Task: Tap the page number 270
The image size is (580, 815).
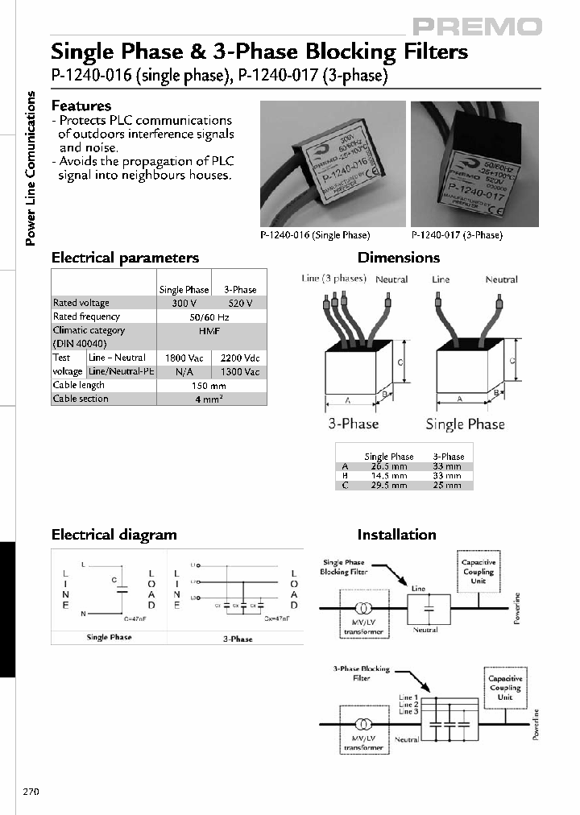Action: tap(31, 792)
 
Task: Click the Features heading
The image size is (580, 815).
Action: tap(81, 105)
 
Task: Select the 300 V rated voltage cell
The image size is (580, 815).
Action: tap(184, 303)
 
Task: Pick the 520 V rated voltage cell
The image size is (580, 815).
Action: tap(239, 303)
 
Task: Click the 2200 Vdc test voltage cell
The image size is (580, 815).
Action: tap(239, 358)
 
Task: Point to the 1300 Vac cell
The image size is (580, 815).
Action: tap(239, 371)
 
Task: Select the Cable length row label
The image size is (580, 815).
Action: tap(79, 385)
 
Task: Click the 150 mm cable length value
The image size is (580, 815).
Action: tap(211, 385)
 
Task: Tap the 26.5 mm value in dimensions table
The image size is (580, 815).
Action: tap(388, 466)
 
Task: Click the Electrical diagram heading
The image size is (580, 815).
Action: tap(114, 534)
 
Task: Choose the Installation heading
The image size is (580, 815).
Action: tap(396, 534)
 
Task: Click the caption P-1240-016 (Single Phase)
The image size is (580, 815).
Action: tap(315, 235)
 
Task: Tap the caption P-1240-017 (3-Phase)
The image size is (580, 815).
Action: tap(457, 235)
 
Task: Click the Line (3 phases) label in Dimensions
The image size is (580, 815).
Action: tap(333, 279)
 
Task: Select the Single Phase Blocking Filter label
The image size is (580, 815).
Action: tap(344, 567)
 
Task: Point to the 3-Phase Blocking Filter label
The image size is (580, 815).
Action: tap(361, 673)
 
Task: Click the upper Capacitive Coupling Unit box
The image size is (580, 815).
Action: tap(478, 571)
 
